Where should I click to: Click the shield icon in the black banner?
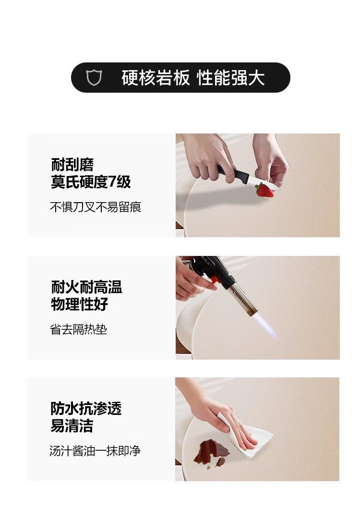click(x=94, y=78)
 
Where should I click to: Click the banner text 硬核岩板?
click(x=156, y=78)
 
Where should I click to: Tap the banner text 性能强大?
click(x=231, y=78)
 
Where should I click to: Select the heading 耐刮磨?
click(x=72, y=165)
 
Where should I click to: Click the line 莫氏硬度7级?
click(x=91, y=182)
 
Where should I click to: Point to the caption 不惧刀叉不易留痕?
click(x=96, y=207)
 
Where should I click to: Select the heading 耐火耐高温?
click(x=86, y=287)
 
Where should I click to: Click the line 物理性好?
click(x=80, y=304)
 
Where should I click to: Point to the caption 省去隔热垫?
click(x=79, y=329)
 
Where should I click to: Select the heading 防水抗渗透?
click(x=86, y=408)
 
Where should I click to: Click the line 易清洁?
click(x=72, y=425)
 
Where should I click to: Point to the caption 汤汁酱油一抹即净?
click(x=95, y=451)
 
